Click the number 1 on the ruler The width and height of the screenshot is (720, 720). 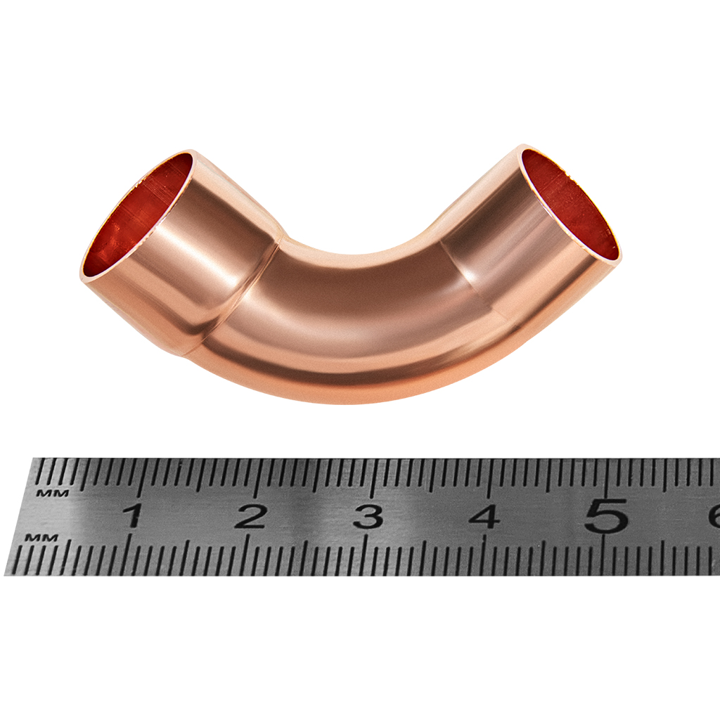click(133, 515)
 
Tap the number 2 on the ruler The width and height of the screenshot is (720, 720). click(251, 515)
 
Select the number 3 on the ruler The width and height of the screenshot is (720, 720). click(370, 515)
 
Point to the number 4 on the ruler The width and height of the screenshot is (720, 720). click(485, 515)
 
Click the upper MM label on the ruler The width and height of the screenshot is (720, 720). click(52, 494)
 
